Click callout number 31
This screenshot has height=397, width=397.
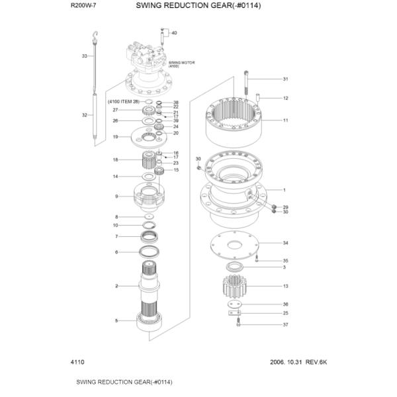[x=285, y=79]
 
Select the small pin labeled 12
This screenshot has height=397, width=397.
[x=258, y=98]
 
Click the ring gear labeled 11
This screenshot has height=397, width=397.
[x=234, y=122]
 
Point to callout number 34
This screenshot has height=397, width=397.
[x=285, y=243]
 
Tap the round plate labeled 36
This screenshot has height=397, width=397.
[x=235, y=304]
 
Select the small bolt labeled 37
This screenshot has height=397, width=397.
[x=238, y=322]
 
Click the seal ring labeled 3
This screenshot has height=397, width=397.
[x=235, y=267]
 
